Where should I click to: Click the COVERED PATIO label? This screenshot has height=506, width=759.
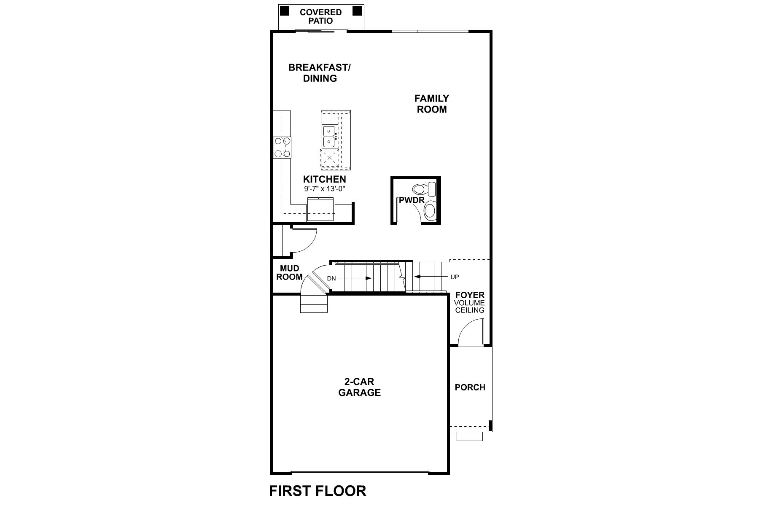coord(320,16)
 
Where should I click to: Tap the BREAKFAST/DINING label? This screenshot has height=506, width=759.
coord(320,73)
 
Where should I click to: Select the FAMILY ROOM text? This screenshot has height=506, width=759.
coord(432,104)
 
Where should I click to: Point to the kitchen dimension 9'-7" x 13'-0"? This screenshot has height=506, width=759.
coord(325,189)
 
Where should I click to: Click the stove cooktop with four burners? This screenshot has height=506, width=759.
coord(282,148)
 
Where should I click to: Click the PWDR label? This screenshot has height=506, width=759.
coord(411,200)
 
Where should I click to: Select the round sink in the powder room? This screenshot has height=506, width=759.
coord(430,210)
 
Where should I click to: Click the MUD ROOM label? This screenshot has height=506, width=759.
coord(289,273)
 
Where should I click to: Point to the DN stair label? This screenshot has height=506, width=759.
coord(331,278)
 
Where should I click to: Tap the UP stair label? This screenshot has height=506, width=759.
coord(455,277)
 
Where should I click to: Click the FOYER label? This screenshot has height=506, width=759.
coord(469,295)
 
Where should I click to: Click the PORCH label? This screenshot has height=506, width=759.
coord(470,387)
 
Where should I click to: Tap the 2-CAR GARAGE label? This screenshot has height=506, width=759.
coord(359,387)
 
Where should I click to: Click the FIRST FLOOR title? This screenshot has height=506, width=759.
coord(318,491)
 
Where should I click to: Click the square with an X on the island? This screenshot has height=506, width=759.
coord(329,159)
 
